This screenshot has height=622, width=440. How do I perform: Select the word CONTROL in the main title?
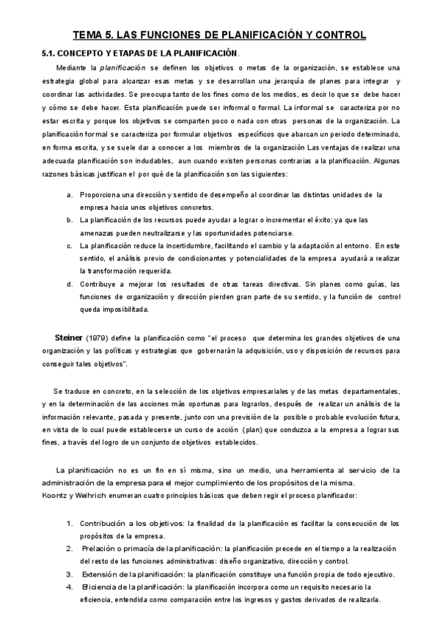point(340,35)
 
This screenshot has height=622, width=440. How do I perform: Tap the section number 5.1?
point(49,54)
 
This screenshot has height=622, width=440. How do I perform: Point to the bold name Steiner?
point(69,337)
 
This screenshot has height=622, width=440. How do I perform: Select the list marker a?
point(69,194)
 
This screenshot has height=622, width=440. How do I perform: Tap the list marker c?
point(69,246)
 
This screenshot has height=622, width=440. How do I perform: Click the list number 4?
point(69,587)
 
